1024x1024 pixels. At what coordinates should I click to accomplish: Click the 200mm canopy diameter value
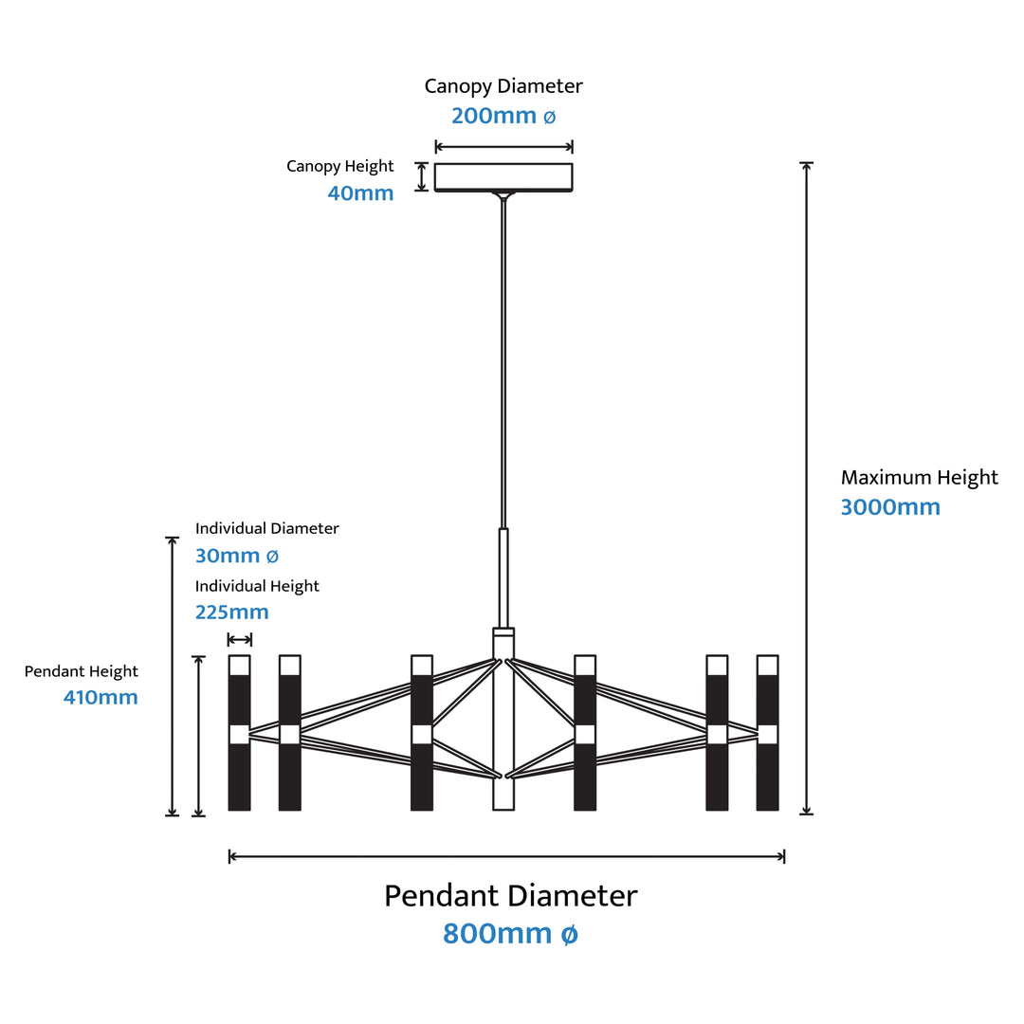click(503, 116)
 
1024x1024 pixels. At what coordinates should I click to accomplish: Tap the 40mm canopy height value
click(360, 193)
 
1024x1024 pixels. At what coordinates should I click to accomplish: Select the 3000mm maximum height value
click(890, 506)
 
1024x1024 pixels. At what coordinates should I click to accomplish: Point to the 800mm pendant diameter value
click(511, 933)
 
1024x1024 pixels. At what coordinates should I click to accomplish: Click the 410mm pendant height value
click(101, 698)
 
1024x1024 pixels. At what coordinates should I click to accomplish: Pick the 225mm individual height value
click(232, 612)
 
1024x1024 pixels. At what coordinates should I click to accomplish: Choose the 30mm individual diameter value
click(237, 556)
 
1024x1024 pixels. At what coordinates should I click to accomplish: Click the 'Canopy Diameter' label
click(503, 86)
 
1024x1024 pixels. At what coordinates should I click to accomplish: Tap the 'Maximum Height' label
click(920, 478)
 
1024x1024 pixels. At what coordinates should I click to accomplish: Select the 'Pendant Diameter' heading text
click(511, 895)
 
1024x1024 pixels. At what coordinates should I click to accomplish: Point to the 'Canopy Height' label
click(340, 167)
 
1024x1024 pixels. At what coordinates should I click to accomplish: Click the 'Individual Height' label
click(257, 587)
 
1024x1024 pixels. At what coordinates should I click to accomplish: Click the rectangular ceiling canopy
click(503, 177)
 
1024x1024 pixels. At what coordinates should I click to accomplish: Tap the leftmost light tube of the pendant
click(240, 733)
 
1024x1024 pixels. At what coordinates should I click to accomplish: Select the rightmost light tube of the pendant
click(767, 733)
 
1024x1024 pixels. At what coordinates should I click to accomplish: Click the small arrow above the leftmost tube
click(240, 639)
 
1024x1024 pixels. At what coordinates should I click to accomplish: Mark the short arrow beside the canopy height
click(422, 177)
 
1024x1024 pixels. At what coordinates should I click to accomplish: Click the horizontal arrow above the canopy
click(503, 146)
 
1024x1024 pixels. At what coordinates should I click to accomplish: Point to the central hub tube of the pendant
click(503, 719)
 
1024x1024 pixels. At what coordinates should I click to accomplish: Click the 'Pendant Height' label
click(81, 672)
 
